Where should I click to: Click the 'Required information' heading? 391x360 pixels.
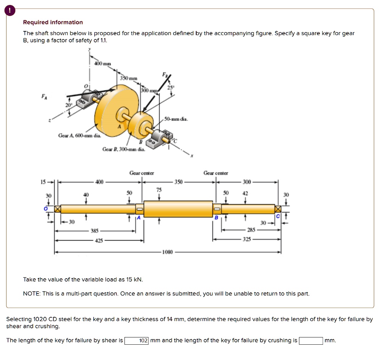pyautogui.click(x=53, y=22)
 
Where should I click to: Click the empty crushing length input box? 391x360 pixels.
pyautogui.click(x=311, y=341)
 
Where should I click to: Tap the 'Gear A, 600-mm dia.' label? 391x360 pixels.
pyautogui.click(x=80, y=135)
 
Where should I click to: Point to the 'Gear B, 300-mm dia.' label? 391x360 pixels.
pyautogui.click(x=124, y=149)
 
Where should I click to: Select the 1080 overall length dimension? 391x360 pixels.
pyautogui.click(x=168, y=252)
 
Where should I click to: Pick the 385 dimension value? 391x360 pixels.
pyautogui.click(x=94, y=231)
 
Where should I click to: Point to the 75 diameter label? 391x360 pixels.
pyautogui.click(x=159, y=190)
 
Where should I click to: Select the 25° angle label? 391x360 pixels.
pyautogui.click(x=171, y=88)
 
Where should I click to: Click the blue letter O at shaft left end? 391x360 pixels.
pyautogui.click(x=45, y=209)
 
